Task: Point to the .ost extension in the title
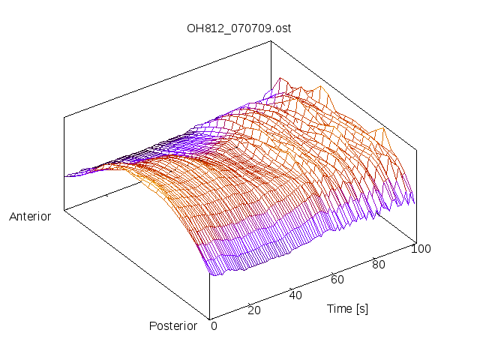(x=282, y=28)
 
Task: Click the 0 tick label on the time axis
(x=214, y=325)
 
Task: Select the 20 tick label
(x=254, y=310)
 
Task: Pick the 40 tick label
(x=295, y=295)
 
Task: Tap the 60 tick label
(x=337, y=280)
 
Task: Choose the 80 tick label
(x=379, y=264)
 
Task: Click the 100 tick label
(x=421, y=249)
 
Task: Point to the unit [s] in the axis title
(x=361, y=308)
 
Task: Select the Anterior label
(x=30, y=217)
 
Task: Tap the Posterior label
(x=173, y=325)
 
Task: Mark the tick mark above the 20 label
(x=249, y=302)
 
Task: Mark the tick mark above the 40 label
(x=290, y=287)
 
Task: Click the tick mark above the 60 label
(x=331, y=272)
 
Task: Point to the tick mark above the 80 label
(x=373, y=257)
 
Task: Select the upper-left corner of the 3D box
(x=64, y=116)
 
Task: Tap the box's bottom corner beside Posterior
(x=208, y=317)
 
